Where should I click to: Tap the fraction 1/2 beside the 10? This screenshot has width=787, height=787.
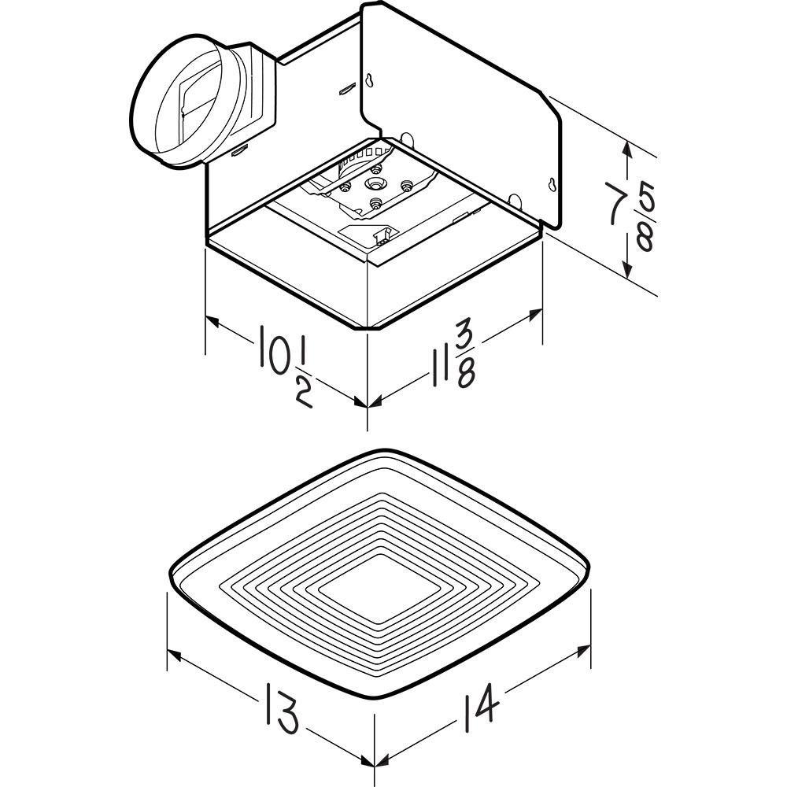coord(302,378)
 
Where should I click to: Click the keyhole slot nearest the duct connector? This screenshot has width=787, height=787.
coord(368,79)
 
